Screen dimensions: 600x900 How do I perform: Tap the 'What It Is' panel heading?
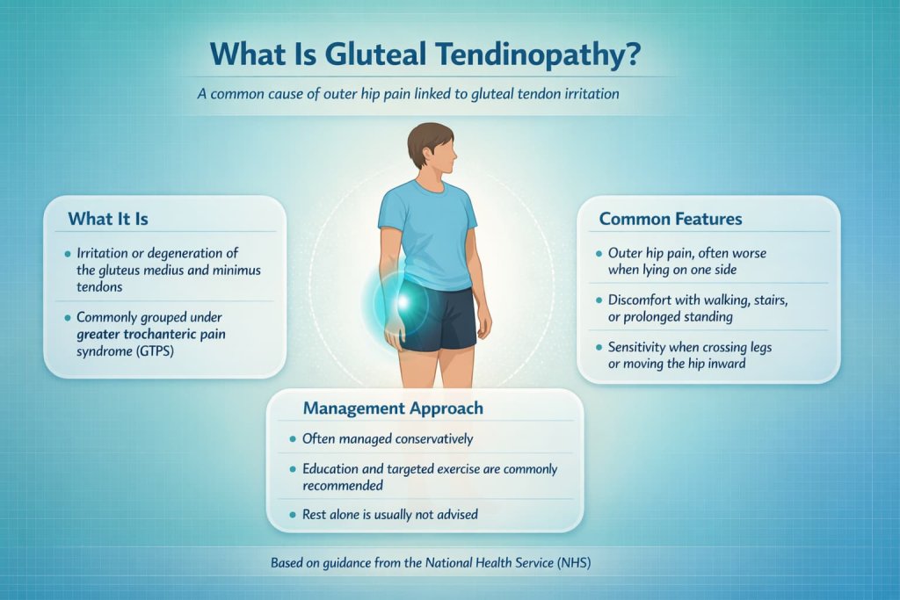coord(108,217)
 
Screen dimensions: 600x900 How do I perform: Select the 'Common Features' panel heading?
coord(671,218)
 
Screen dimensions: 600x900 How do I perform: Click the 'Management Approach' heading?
coord(393,408)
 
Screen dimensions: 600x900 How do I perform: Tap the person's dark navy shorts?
coord(437,319)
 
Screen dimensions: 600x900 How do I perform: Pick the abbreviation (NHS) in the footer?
coord(572,563)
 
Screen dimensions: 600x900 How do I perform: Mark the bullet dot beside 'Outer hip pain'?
coord(598,253)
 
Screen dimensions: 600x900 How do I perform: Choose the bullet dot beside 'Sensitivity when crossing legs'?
coord(598,348)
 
